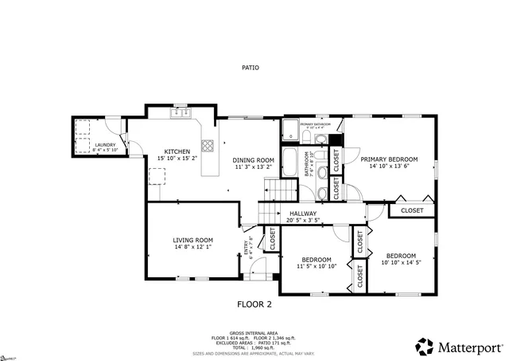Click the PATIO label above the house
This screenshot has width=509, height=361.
pos(251,68)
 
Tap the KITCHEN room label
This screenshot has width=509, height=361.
pos(177,151)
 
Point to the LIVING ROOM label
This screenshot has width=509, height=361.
pos(193,240)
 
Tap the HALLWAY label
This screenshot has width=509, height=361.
pos(303,214)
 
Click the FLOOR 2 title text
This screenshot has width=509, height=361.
pos(254,304)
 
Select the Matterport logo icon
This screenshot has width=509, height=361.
pos(424,347)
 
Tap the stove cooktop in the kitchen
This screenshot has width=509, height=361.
pos(208,146)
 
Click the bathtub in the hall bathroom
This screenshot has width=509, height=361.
pos(290,163)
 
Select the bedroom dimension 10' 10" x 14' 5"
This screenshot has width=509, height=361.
pos(410,262)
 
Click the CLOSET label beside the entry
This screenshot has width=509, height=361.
pos(272,239)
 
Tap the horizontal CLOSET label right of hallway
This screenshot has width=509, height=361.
pos(412,210)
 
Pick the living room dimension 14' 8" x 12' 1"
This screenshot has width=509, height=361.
pos(193,247)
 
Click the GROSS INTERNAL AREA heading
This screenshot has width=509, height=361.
pos(254,332)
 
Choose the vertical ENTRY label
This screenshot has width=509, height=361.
pos(247,250)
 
